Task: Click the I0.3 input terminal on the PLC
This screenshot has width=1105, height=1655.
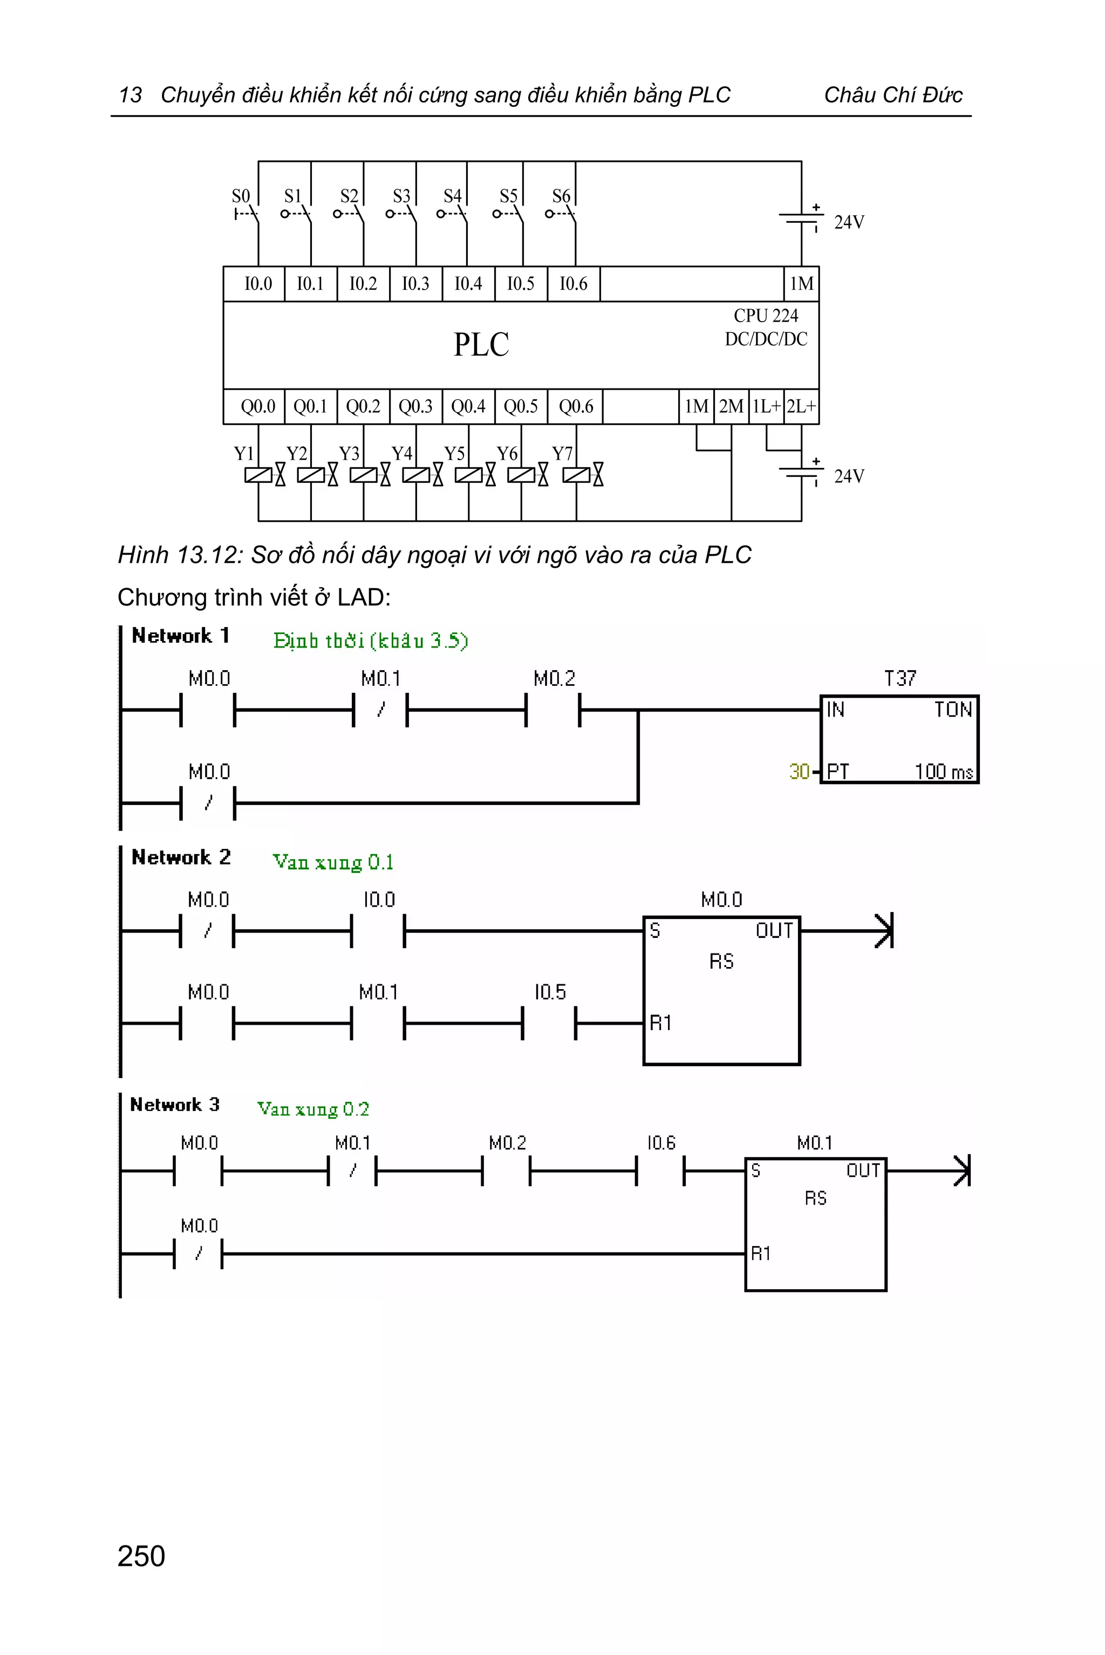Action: [415, 284]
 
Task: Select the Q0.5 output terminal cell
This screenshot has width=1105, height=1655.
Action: [521, 407]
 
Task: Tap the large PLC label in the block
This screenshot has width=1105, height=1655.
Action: [481, 345]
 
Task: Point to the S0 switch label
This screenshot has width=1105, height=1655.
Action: [241, 196]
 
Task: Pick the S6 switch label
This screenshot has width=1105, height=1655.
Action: [561, 196]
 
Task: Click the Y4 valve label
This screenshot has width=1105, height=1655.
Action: [401, 453]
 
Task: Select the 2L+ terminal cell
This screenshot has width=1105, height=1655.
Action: [801, 407]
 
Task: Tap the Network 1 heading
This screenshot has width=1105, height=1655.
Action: [180, 636]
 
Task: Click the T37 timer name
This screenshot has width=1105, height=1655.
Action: [900, 678]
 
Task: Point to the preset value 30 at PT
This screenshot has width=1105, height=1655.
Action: [799, 772]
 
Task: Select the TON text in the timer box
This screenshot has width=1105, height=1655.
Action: [953, 710]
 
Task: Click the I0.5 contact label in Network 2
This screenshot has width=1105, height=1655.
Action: [550, 992]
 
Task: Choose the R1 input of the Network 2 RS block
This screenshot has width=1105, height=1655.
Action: [660, 1023]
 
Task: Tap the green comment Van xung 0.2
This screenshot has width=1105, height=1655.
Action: [313, 1109]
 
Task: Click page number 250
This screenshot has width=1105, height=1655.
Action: [141, 1556]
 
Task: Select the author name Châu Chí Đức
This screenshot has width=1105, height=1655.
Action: [893, 95]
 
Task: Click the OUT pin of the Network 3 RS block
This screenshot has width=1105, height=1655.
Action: [863, 1171]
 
